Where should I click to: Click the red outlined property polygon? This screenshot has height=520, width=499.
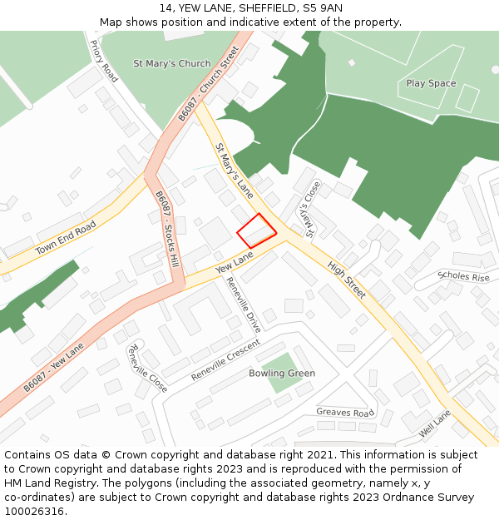[x=257, y=230]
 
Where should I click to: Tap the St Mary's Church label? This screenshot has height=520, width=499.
[x=172, y=63]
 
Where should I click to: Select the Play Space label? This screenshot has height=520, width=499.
[x=431, y=83]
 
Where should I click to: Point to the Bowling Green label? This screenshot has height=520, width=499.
[x=282, y=374]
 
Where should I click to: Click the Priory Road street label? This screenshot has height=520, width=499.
[x=105, y=61]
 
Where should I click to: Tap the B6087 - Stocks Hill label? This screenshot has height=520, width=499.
[x=167, y=228]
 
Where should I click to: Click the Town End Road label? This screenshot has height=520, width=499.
[x=66, y=238]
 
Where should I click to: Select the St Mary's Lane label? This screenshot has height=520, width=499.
[x=235, y=171]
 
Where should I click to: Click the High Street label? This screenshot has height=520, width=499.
[x=347, y=280]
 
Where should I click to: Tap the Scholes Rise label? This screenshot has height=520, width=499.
[x=463, y=277]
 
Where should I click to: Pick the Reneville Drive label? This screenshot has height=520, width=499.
[x=245, y=305]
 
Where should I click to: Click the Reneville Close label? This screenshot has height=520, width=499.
[x=147, y=369]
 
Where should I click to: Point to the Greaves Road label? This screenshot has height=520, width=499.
[x=345, y=412]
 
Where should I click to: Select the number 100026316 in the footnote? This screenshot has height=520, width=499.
[x=36, y=512]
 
